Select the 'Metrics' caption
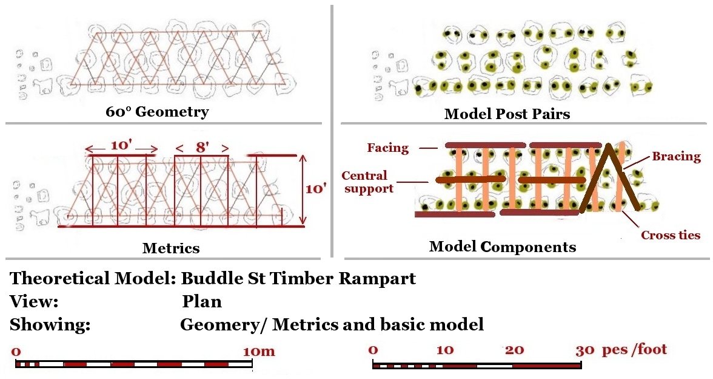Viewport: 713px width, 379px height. pyautogui.click(x=170, y=248)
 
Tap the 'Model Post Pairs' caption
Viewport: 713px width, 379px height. pyautogui.click(x=507, y=114)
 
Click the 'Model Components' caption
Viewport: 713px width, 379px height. pyautogui.click(x=503, y=247)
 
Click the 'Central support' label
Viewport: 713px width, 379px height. pyautogui.click(x=364, y=182)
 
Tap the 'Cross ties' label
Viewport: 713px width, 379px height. pyautogui.click(x=671, y=235)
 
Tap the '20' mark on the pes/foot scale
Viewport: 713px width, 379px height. pyautogui.click(x=515, y=350)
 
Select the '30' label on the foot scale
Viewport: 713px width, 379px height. pyautogui.click(x=586, y=350)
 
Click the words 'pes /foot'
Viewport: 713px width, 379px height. pyautogui.click(x=634, y=349)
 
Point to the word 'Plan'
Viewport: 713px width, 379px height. pyautogui.click(x=201, y=302)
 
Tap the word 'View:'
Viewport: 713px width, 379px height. pyautogui.click(x=34, y=302)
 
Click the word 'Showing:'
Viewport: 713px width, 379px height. pyautogui.click(x=50, y=325)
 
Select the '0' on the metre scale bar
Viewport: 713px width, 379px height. pyautogui.click(x=16, y=352)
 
